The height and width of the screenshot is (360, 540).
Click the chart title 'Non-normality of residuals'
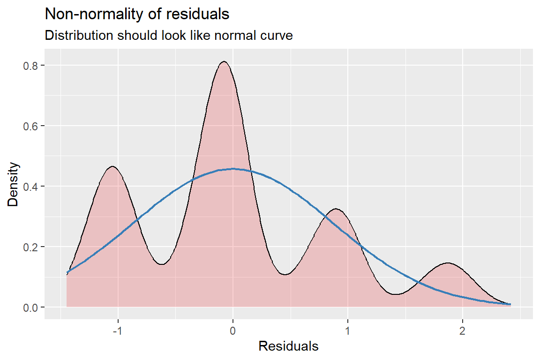click(x=137, y=15)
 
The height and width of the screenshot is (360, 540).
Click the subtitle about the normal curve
click(x=169, y=36)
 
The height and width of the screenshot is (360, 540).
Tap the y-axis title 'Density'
click(x=14, y=184)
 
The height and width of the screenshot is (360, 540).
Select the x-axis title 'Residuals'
click(x=288, y=347)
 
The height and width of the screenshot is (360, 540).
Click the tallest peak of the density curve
click(x=224, y=62)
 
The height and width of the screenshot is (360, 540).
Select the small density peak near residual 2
click(x=448, y=263)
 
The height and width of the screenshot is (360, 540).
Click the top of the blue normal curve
click(x=233, y=169)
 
